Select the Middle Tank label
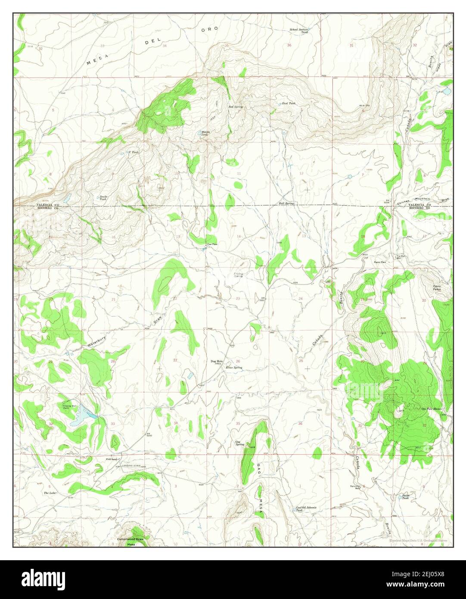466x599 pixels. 205,134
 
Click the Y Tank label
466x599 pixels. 134,152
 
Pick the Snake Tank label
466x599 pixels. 103,198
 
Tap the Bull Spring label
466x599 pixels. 286,203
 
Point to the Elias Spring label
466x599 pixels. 234,368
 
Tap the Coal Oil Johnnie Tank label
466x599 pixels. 306,509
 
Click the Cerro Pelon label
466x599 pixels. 438,288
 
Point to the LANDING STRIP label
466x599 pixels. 132,465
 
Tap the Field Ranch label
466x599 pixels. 112,459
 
